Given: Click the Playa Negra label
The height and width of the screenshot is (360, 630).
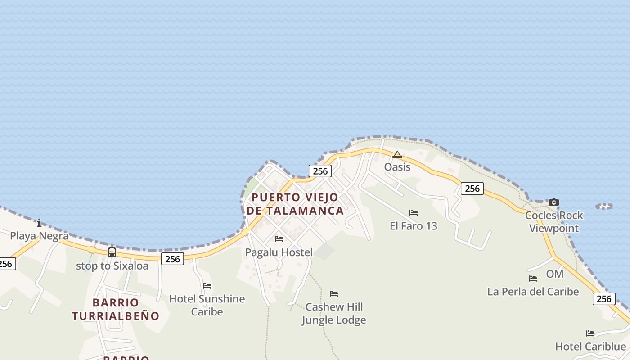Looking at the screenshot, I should point(39,236).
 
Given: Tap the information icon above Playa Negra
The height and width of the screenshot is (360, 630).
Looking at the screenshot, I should point(39,223).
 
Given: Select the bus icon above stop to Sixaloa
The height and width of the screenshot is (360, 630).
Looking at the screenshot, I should point(112,252).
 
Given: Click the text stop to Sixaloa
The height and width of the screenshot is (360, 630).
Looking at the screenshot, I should point(112,266).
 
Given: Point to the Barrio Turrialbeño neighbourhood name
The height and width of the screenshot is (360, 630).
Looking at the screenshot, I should point(116,309).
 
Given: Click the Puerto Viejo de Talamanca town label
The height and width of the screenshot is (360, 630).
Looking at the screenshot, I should point(295,204).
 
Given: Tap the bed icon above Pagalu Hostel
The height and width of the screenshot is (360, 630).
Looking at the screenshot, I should point(279,239).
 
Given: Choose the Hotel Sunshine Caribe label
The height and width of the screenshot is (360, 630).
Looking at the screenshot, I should point(207,305).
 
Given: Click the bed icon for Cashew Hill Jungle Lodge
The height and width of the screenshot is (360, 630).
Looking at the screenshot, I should point(334,294).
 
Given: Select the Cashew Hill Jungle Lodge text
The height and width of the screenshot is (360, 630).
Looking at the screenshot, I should point(334,313).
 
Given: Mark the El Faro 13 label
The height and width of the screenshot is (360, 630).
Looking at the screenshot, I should point(414,226).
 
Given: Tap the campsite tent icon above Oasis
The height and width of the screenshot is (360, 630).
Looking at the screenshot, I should point(397,155).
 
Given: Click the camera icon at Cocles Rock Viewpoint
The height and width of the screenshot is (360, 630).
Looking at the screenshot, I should point(554,202).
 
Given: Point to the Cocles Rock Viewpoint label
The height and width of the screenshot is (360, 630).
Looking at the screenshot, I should point(554,222).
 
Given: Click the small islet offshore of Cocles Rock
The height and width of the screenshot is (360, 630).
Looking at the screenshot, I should point(604,207).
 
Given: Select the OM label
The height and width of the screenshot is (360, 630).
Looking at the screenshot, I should point(555,274).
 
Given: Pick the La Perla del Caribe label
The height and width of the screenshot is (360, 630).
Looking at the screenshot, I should point(533,292).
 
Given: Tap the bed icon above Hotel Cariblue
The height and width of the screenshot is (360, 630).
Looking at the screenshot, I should point(590,333).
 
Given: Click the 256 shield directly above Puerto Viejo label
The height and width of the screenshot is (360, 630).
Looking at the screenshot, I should point(320,171).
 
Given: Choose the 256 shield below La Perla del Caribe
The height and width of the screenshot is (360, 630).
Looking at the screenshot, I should point(604,299).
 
